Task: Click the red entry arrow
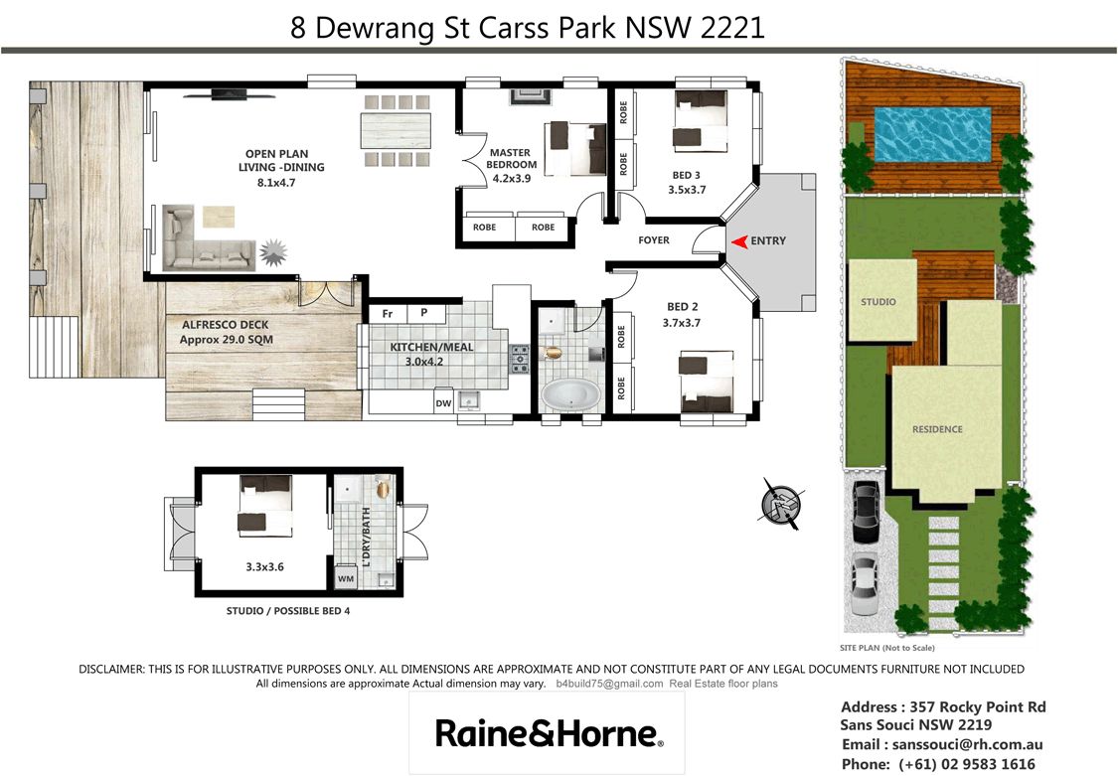click(739, 241)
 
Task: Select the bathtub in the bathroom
click(571, 395)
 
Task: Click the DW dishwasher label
click(443, 403)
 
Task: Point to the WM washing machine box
click(346, 578)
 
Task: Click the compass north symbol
click(781, 504)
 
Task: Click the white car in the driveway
click(865, 583)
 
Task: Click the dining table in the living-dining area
click(396, 130)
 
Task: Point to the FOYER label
click(654, 240)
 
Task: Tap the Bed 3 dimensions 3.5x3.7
click(687, 190)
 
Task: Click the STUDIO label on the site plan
click(878, 301)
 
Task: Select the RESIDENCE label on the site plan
click(937, 429)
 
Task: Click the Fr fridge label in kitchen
click(388, 314)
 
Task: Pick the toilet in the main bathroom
click(552, 352)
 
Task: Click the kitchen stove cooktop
click(520, 359)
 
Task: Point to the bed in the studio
click(265, 506)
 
